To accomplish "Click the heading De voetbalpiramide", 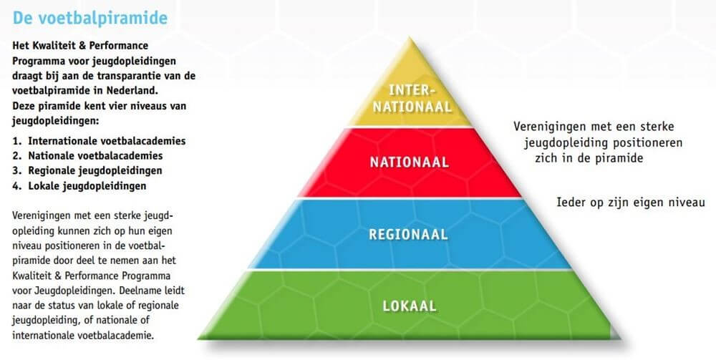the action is pos(90,19).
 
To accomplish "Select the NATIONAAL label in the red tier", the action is pos(409,162).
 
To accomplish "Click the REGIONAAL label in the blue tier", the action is pos(408,234).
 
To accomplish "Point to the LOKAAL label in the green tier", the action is pos(409,306).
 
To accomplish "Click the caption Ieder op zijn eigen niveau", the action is pos(631,202).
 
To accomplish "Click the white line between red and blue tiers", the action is pos(410,198).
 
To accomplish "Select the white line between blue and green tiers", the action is pos(410,270).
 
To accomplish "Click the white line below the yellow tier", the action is pos(410,127).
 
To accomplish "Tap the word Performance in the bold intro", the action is pos(118,46).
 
